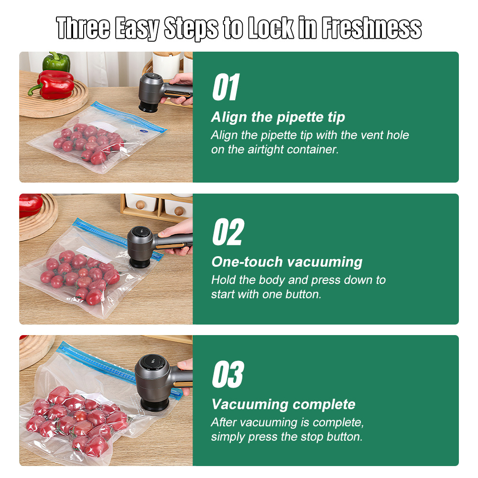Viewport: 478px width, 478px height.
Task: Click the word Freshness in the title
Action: click(371, 28)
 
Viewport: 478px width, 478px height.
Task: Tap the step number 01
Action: click(226, 87)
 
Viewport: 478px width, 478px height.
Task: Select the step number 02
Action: click(228, 232)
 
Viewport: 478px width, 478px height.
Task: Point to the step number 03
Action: click(228, 374)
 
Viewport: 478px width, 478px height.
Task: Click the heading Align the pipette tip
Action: click(278, 118)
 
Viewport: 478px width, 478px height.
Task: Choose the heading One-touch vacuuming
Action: click(287, 262)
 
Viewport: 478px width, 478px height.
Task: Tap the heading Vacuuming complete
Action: click(283, 404)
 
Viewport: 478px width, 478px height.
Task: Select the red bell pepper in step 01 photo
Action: click(53, 85)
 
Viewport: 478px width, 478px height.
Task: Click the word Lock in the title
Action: click(271, 28)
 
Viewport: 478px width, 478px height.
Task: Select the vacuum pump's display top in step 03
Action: click(153, 362)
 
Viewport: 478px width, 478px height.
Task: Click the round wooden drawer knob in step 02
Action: click(179, 210)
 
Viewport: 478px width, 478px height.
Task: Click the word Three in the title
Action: click(83, 28)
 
